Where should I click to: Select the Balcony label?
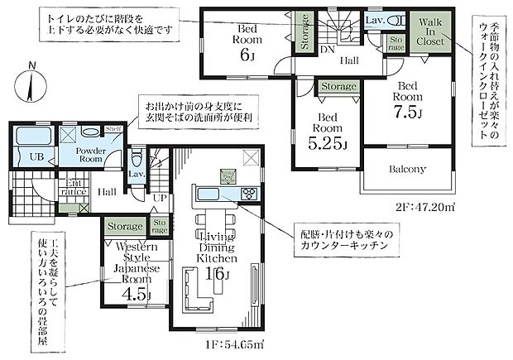click(x=407, y=170)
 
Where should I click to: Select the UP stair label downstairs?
click(x=159, y=199)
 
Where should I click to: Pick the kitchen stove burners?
click(x=247, y=194)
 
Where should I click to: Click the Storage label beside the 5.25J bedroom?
click(x=338, y=86)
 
